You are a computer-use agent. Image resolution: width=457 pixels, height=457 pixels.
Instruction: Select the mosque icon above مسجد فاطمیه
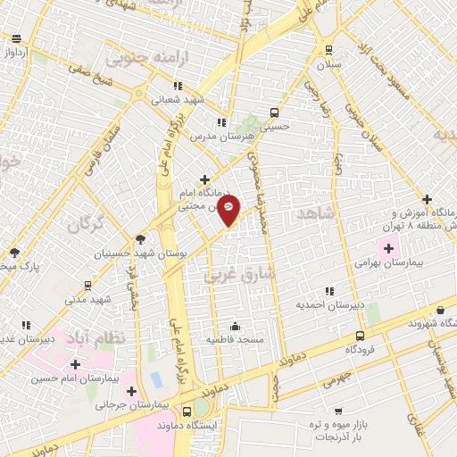[x=235, y=326]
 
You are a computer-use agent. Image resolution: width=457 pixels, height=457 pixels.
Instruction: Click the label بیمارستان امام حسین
[x=74, y=378]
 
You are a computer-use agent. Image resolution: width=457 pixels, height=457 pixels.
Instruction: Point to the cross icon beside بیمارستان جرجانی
[x=132, y=391]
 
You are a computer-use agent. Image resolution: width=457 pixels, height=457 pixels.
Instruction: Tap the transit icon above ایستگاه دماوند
[x=187, y=411]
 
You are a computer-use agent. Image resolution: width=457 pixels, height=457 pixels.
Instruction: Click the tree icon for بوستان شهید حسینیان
[x=140, y=238]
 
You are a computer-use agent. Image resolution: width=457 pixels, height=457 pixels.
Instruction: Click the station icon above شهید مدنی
[x=87, y=286]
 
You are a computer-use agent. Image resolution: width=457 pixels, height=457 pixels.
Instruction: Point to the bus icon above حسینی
[x=274, y=113]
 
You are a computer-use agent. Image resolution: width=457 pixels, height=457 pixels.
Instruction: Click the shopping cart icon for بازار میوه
[x=337, y=411]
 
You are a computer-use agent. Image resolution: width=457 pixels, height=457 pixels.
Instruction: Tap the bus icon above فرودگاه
[x=360, y=337]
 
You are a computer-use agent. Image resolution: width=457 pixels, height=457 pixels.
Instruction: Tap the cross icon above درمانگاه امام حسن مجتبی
[x=206, y=179]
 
